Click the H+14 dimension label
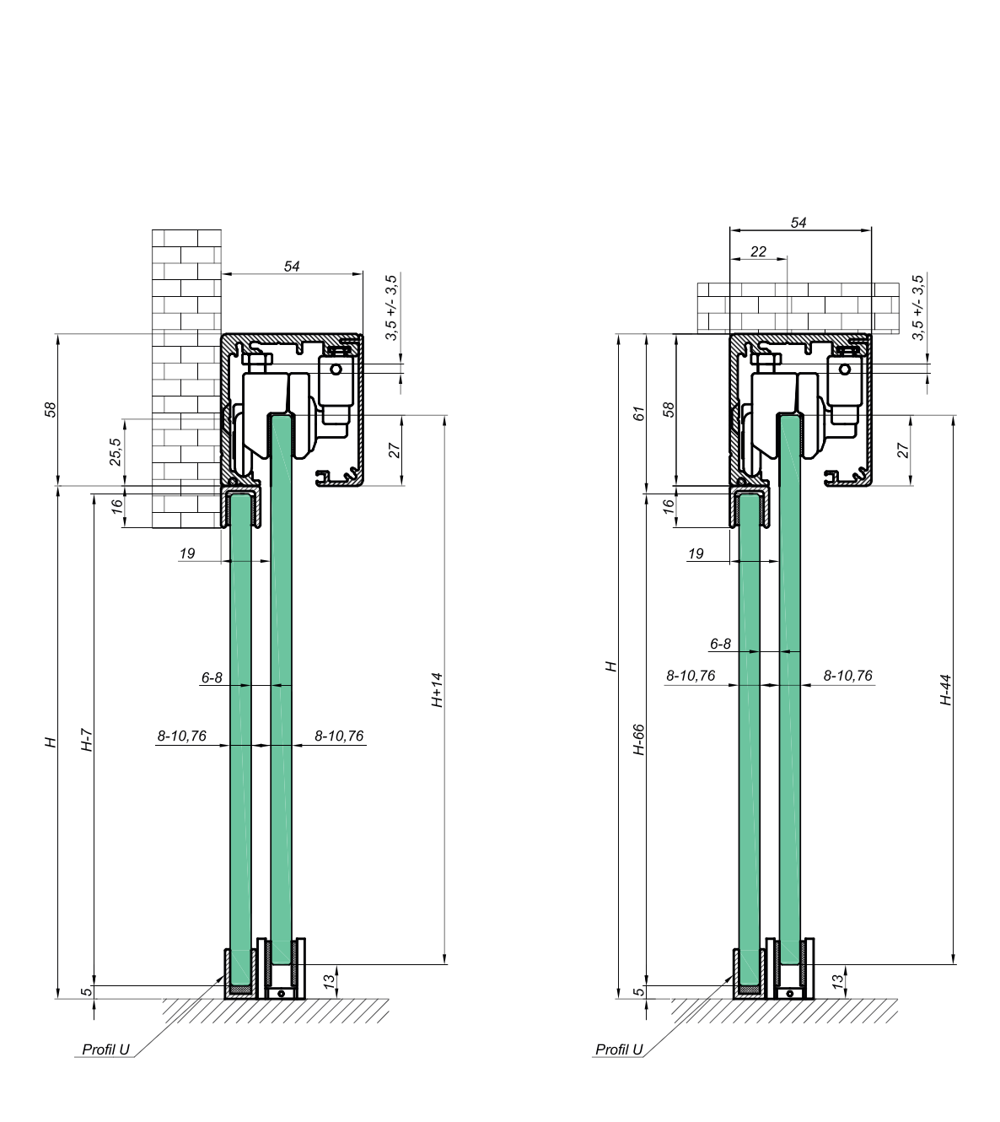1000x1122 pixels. [x=437, y=689]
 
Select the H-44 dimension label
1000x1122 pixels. [x=946, y=689]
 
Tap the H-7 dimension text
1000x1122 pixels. [x=87, y=740]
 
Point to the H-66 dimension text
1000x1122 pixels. [x=639, y=739]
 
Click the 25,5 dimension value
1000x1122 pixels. [x=116, y=452]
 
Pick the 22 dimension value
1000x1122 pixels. [x=758, y=252]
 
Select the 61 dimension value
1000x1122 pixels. [x=639, y=413]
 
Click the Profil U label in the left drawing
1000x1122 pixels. [x=105, y=1049]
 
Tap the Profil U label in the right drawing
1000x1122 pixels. [x=619, y=1049]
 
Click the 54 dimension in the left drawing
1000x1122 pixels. [x=292, y=267]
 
